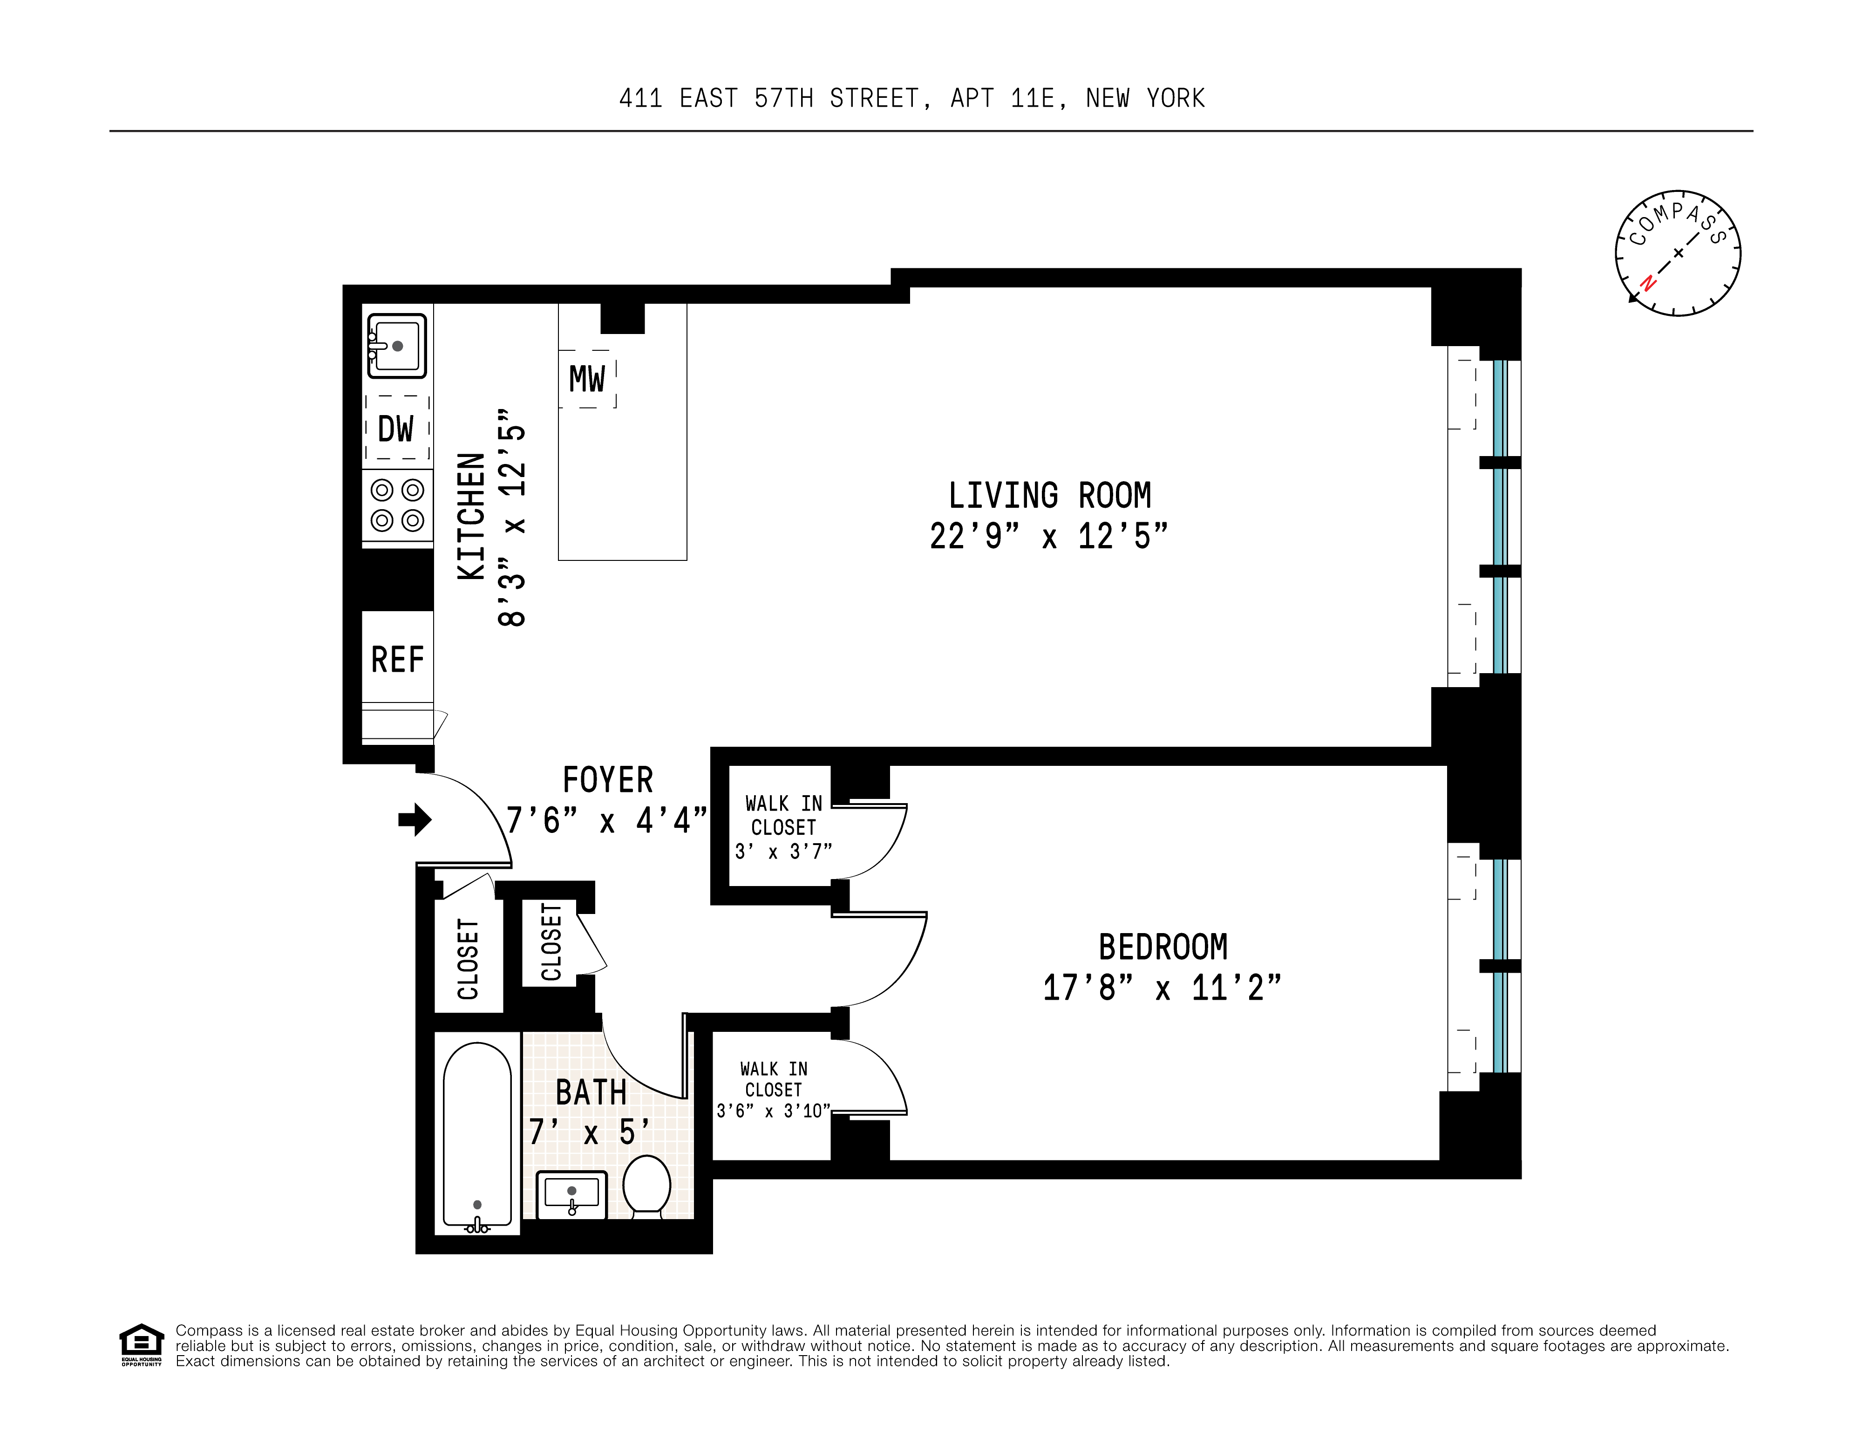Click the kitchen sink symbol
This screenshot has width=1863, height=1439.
click(x=397, y=346)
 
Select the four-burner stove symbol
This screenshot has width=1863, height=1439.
click(x=397, y=505)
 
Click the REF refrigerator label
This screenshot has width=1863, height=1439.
click(x=397, y=659)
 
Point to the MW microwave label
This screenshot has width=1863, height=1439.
click(x=587, y=379)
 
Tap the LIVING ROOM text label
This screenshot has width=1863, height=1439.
click(x=1049, y=496)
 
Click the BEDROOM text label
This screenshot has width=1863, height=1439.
click(x=1162, y=947)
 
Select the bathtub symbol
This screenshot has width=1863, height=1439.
click(x=477, y=1137)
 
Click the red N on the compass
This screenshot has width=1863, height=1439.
click(x=1648, y=283)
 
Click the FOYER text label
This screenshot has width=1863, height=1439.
click(x=607, y=780)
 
